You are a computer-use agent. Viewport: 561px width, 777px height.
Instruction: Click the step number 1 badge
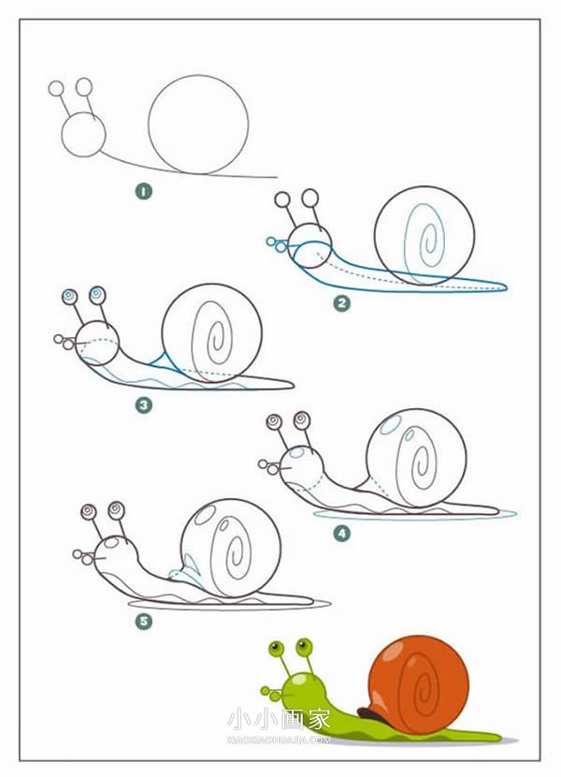144,191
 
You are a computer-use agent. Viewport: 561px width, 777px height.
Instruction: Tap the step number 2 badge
341,302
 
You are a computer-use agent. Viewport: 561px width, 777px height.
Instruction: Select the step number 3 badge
144,405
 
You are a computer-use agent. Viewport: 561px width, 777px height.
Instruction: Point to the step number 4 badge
341,534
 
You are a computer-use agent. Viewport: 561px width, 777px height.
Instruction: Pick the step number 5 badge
144,622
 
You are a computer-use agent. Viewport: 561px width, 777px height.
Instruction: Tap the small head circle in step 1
62,134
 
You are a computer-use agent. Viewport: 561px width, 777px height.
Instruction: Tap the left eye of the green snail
276,648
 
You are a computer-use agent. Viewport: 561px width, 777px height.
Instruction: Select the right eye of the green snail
304,646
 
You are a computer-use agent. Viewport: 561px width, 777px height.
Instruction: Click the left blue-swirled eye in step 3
70,297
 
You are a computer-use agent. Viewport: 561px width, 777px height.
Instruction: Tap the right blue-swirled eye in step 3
98,295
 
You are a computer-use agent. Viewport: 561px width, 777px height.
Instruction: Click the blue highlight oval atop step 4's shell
391,425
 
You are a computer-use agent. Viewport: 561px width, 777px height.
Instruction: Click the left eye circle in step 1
56,88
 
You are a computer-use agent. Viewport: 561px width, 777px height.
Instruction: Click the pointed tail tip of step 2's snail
506,286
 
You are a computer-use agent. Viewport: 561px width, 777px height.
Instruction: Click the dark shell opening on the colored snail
370,714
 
